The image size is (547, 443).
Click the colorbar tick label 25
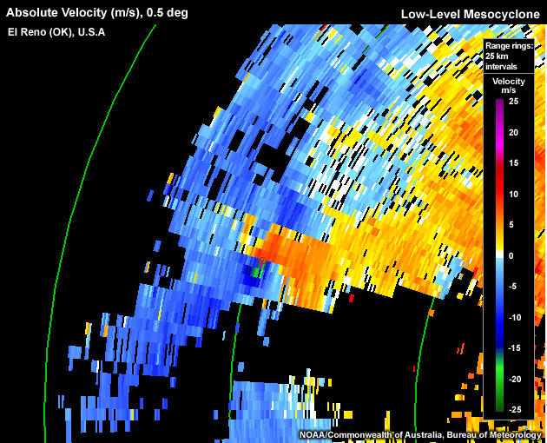(513, 102)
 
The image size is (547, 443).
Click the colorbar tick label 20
(513, 133)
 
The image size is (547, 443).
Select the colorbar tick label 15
(513, 163)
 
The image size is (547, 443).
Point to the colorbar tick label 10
(513, 194)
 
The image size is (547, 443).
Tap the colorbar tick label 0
(511, 255)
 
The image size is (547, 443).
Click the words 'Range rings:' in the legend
(508, 44)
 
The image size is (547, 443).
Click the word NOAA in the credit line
(314, 434)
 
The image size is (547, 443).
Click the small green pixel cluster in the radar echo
(257, 271)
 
